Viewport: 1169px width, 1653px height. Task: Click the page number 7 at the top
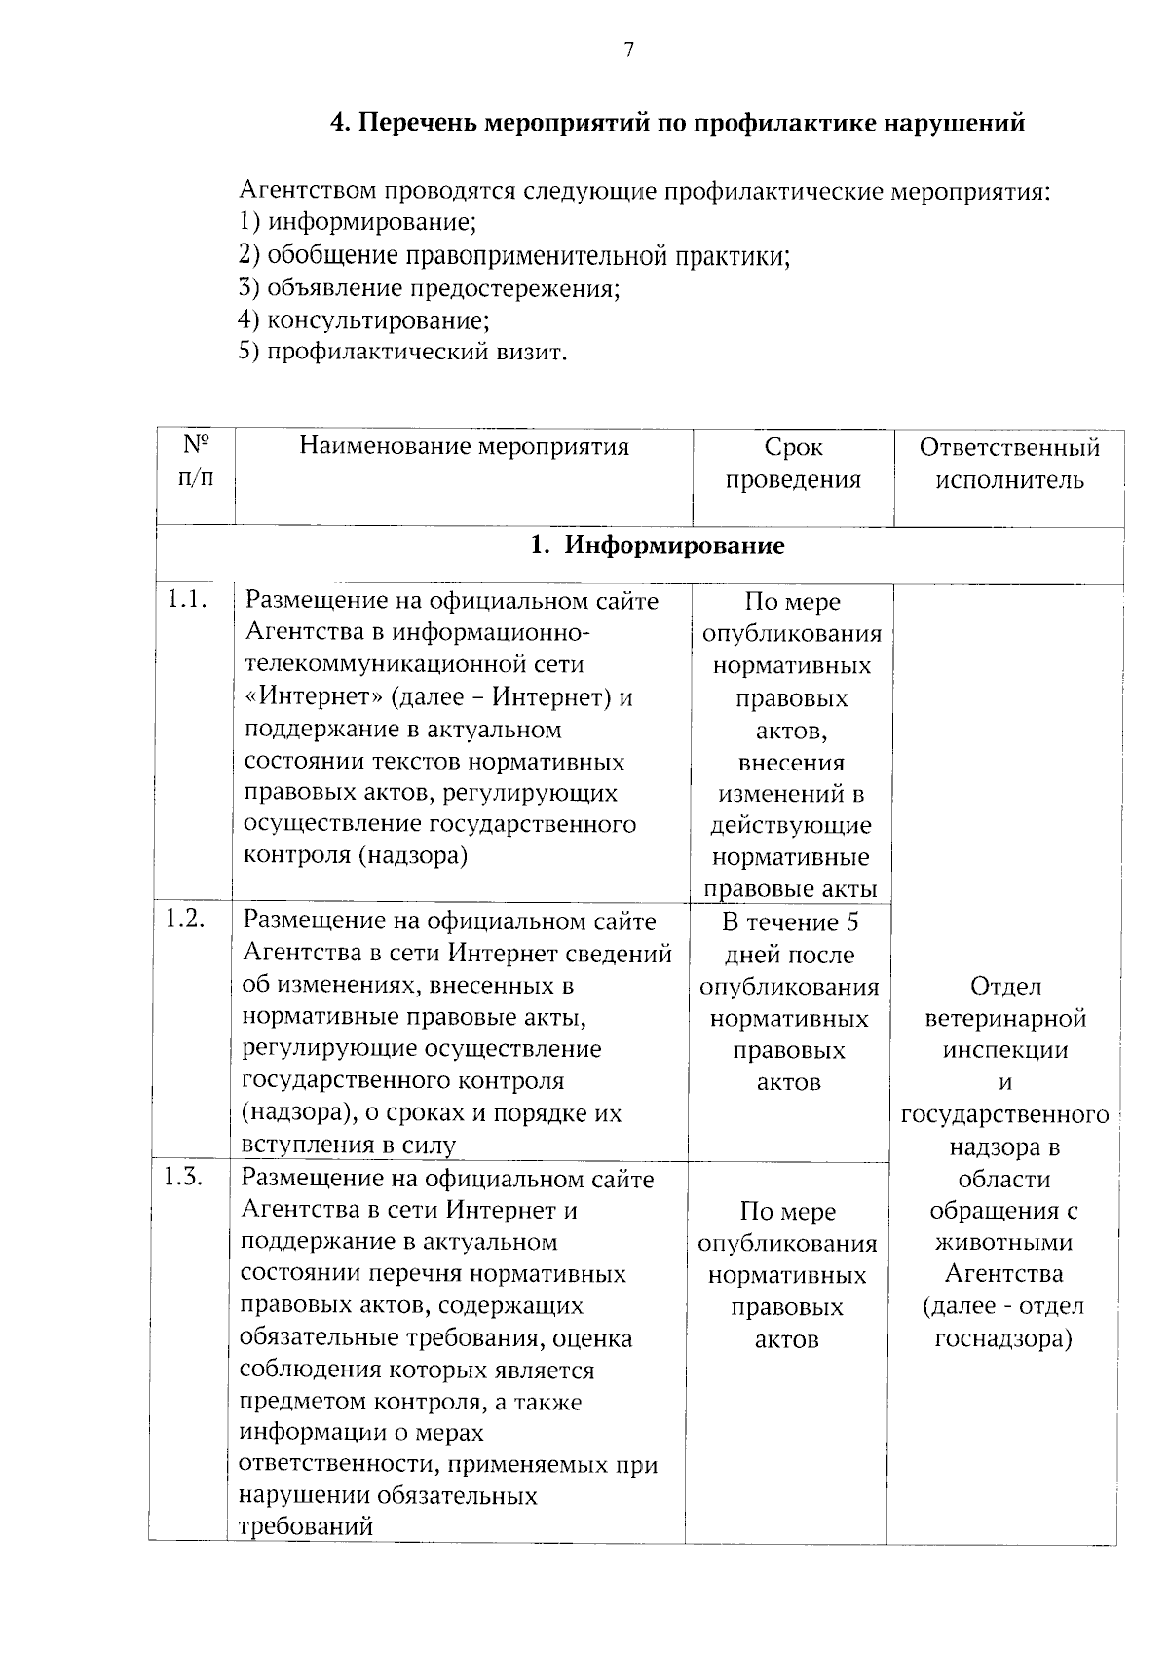[x=628, y=51]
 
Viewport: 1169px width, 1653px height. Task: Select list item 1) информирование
[x=358, y=222]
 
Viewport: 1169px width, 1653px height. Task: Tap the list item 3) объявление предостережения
[x=430, y=288]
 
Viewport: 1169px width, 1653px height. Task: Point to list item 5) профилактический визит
[x=402, y=352]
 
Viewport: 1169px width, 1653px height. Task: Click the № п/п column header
[x=196, y=463]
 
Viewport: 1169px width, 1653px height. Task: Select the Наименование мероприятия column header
[x=464, y=447]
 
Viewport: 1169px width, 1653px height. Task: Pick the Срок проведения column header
[x=794, y=463]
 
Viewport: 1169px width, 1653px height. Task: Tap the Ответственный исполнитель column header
[x=1009, y=463]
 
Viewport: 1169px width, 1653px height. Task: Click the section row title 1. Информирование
[x=657, y=545]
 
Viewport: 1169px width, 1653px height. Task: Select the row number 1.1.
[x=187, y=600]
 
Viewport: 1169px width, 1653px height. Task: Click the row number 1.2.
[x=184, y=919]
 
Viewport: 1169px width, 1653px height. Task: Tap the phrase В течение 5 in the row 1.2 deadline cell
[x=790, y=922]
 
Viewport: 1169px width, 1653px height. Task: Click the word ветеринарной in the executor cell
[x=1005, y=1019]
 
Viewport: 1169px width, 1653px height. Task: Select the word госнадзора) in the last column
[x=1003, y=1339]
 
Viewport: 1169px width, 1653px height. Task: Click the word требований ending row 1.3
[x=306, y=1526]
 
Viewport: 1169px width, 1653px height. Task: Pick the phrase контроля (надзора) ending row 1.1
[x=355, y=856]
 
